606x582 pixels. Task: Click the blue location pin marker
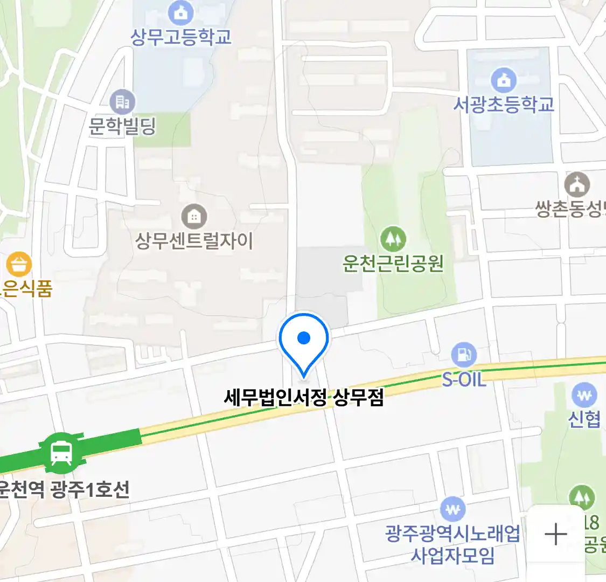[304, 339]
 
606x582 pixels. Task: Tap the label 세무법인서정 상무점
[304, 398]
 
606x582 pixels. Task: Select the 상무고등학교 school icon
[181, 12]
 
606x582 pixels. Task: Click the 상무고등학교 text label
[181, 37]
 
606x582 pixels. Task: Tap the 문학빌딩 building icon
[122, 101]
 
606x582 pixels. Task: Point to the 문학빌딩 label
[122, 126]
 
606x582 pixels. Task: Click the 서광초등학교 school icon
[504, 80]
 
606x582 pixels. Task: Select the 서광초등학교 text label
[504, 104]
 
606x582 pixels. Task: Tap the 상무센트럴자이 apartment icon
[194, 217]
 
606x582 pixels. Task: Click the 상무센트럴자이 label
[194, 240]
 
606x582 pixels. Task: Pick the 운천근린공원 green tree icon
[393, 239]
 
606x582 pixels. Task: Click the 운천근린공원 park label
[393, 263]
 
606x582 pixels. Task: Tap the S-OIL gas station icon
[464, 355]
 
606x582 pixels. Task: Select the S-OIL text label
[464, 379]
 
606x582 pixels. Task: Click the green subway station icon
[61, 453]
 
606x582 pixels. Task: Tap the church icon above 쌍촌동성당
[577, 185]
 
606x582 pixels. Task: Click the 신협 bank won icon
[584, 395]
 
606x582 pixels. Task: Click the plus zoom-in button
[556, 535]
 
